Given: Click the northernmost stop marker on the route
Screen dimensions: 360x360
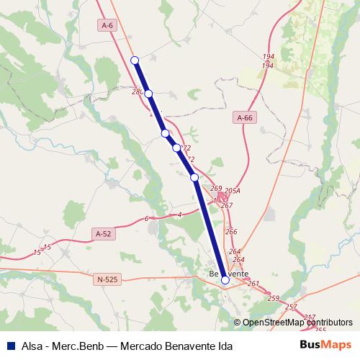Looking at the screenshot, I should tap(135, 60).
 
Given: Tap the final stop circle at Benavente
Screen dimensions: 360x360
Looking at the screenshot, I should tap(225, 280).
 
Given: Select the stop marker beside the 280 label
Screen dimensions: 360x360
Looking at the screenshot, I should tap(148, 94).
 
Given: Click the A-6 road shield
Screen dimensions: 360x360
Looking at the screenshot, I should tap(107, 25).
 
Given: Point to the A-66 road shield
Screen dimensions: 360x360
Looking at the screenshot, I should tap(245, 117).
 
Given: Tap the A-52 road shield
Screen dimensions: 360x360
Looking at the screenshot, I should tap(104, 233).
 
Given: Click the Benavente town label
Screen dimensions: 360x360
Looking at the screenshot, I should tap(228, 274).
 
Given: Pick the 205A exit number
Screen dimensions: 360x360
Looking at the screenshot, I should tap(232, 191).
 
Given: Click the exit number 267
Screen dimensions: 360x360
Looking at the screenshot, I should tap(227, 206).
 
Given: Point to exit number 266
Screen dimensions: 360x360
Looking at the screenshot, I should tap(231, 232).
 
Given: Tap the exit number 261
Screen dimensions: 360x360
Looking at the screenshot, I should tap(253, 284).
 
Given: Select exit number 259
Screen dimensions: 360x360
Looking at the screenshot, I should tap(272, 298).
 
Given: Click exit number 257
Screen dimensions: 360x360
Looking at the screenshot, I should tap(290, 307).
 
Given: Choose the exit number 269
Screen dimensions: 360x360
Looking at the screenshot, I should tap(215, 189).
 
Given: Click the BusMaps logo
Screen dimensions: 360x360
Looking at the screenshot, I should tap(325, 345).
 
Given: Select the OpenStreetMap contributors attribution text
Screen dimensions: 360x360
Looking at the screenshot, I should tap(297, 323).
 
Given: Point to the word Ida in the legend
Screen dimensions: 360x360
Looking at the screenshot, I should tap(223, 346).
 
